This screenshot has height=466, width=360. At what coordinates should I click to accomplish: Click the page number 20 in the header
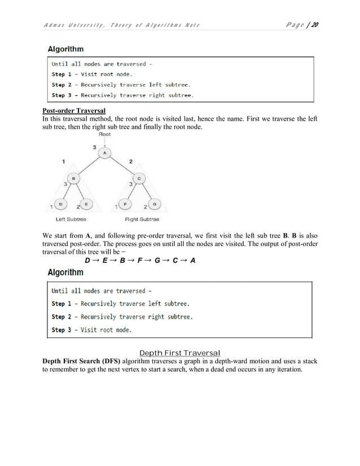[x=314, y=24]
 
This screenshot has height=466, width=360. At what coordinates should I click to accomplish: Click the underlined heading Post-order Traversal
[x=73, y=111]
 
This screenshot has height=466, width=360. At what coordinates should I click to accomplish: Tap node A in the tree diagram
[x=104, y=152]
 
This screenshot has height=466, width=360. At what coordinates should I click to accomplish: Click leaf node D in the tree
[x=60, y=204]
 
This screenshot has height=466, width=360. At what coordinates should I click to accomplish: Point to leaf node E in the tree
[x=86, y=204]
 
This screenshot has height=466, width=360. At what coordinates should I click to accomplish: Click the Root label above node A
[x=104, y=135]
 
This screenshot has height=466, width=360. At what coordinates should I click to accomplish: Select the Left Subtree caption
[x=71, y=219]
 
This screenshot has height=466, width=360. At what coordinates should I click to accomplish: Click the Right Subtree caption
[x=142, y=219]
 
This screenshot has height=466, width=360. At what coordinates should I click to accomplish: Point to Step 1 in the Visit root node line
[x=63, y=74]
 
